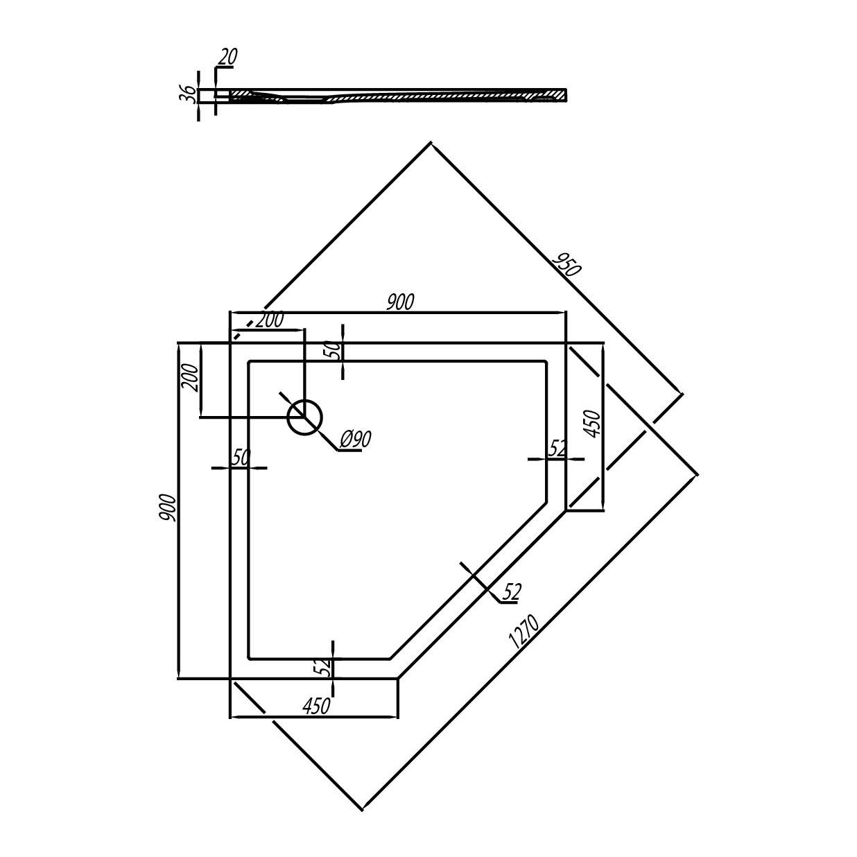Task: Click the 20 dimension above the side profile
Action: (x=228, y=56)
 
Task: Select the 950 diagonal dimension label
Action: (x=566, y=264)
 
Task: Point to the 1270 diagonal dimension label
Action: (x=524, y=632)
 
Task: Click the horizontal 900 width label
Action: (x=400, y=302)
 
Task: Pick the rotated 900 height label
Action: (x=168, y=508)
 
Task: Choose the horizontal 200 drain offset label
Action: (x=270, y=320)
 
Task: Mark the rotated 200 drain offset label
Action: (x=190, y=378)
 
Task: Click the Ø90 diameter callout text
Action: (x=355, y=440)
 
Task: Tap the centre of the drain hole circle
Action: (x=304, y=417)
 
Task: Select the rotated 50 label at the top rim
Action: (x=336, y=350)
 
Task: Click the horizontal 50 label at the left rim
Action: (x=241, y=457)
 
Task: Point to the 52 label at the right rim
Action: (x=557, y=449)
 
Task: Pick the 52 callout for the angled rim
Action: (x=512, y=592)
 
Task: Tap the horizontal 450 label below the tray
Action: (x=316, y=706)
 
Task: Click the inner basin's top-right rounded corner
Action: (x=546, y=363)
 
